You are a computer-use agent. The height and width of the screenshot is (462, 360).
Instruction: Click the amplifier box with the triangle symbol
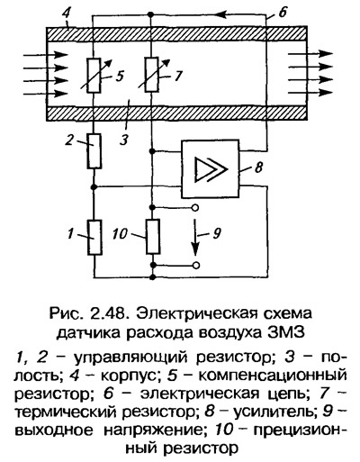click(x=211, y=168)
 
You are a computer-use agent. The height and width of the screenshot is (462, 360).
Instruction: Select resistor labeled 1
click(x=94, y=238)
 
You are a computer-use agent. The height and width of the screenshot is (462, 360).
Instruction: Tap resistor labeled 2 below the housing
click(x=94, y=151)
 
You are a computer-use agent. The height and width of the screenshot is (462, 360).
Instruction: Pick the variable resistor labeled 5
click(x=94, y=76)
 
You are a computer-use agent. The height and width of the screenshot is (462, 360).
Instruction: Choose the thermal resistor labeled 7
click(x=151, y=75)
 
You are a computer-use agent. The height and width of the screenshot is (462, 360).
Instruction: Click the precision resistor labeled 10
click(x=153, y=237)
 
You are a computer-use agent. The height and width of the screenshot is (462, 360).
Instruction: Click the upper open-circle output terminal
click(x=195, y=208)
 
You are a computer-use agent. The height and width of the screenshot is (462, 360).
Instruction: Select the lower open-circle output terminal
click(x=196, y=266)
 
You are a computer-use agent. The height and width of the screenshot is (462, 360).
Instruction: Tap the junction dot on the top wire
click(x=151, y=14)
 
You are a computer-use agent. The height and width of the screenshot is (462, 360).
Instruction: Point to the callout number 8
click(x=258, y=167)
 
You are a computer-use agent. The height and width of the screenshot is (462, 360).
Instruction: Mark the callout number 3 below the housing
click(x=124, y=140)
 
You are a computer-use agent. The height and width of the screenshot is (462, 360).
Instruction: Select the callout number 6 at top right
click(x=282, y=13)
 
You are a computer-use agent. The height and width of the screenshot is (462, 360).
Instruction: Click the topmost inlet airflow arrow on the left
click(x=46, y=55)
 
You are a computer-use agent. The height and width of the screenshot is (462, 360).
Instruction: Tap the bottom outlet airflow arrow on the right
click(x=310, y=93)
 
